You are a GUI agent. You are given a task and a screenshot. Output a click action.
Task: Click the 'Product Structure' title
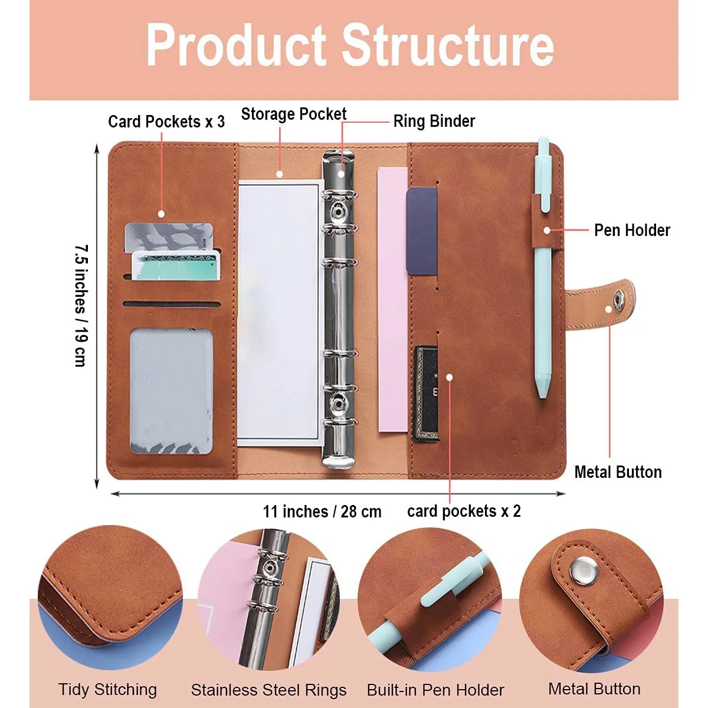(350, 45)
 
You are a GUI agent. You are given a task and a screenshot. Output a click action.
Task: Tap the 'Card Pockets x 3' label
(166, 122)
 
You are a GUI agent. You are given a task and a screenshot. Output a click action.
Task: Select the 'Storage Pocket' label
(293, 114)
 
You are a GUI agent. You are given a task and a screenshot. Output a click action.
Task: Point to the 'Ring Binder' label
(434, 121)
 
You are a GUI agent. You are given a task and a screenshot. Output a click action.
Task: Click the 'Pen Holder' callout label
(632, 230)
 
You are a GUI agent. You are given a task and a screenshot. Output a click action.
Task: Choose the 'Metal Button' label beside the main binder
(618, 472)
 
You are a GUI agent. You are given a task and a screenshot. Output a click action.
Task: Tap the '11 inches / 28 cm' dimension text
(322, 511)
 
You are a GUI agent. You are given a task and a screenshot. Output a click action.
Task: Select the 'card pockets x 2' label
(464, 511)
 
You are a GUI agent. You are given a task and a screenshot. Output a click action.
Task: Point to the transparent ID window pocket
(171, 391)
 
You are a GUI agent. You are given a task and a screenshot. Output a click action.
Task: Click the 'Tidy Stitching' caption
(107, 689)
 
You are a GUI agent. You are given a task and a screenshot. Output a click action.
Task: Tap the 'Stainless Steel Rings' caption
(268, 690)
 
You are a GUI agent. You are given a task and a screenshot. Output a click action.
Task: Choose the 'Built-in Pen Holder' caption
(435, 690)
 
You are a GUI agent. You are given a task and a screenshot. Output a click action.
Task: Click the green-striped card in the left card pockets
(176, 265)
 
